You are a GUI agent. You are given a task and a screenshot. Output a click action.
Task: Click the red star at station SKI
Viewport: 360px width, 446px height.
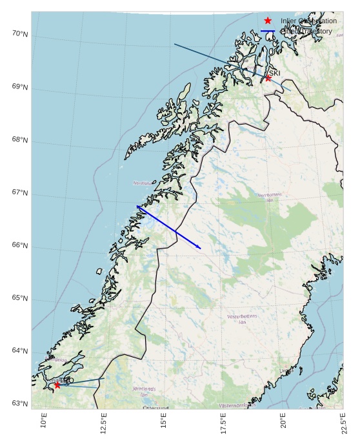coord(268,78)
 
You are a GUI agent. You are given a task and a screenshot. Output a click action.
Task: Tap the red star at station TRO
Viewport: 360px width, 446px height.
coord(57,385)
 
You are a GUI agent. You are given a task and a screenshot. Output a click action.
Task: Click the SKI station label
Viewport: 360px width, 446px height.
coord(274,73)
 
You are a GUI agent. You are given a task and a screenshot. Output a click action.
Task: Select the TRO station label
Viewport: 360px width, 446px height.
coord(67,381)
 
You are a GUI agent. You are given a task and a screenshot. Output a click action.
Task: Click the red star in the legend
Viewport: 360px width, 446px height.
coord(268,21)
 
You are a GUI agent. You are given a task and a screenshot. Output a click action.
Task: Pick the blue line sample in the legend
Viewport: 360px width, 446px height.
coord(268,31)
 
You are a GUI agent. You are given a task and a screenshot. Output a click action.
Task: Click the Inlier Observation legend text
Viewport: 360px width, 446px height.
coord(308,21)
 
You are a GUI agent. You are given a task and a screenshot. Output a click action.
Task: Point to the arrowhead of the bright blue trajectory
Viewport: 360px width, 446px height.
coord(199,248)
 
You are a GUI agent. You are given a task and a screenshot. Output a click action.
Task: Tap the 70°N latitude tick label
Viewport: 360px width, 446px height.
coord(20,34)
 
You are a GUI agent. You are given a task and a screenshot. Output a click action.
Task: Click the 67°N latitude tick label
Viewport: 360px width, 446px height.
coord(20,193)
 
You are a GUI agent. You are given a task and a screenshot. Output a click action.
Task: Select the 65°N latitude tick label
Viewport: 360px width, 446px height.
coord(20,298)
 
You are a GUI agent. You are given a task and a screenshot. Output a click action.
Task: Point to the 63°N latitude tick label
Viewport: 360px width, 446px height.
coord(20,403)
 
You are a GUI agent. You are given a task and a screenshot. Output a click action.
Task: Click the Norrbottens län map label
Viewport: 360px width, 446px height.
coord(270,197)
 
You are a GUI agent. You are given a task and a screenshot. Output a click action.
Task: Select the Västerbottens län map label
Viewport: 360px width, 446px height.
coord(243,318)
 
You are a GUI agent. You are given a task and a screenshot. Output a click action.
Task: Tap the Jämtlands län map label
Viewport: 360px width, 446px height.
coord(145,391)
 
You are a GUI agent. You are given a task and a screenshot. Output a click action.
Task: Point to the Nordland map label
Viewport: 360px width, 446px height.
coord(143,183)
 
